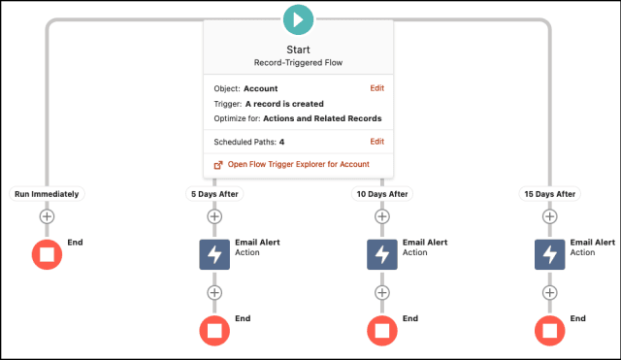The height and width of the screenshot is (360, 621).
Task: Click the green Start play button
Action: coord(298,19)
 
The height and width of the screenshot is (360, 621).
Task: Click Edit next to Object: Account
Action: coord(377,88)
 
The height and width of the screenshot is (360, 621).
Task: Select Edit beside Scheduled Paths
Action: coord(377,142)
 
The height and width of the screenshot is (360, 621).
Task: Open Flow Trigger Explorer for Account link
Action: coord(298,164)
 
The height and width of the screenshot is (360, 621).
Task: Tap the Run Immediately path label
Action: coord(47,194)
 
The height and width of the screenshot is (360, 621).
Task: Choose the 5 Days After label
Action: coord(214,194)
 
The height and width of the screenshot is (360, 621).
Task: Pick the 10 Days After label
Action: coord(382,194)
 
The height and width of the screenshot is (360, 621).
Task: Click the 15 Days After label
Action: coord(550,194)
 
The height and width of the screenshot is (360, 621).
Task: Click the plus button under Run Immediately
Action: coord(47,216)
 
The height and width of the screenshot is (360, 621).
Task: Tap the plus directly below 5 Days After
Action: coord(214,216)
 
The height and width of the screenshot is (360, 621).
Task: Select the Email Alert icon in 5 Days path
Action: coord(214,254)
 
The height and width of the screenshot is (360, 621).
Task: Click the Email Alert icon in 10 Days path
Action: coord(382,254)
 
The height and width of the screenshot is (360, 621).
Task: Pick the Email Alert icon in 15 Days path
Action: coord(550,254)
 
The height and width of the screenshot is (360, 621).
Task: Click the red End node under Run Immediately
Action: coord(47,254)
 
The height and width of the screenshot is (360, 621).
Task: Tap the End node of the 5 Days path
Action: coord(214,331)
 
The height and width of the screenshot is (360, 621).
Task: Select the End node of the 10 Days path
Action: coord(382,331)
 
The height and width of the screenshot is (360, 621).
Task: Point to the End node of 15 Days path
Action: coord(550,331)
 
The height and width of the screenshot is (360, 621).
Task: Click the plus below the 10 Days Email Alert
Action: coord(382,293)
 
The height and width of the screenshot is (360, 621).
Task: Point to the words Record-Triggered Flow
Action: coord(298,62)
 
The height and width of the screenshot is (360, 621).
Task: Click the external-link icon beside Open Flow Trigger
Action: coord(218,165)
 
